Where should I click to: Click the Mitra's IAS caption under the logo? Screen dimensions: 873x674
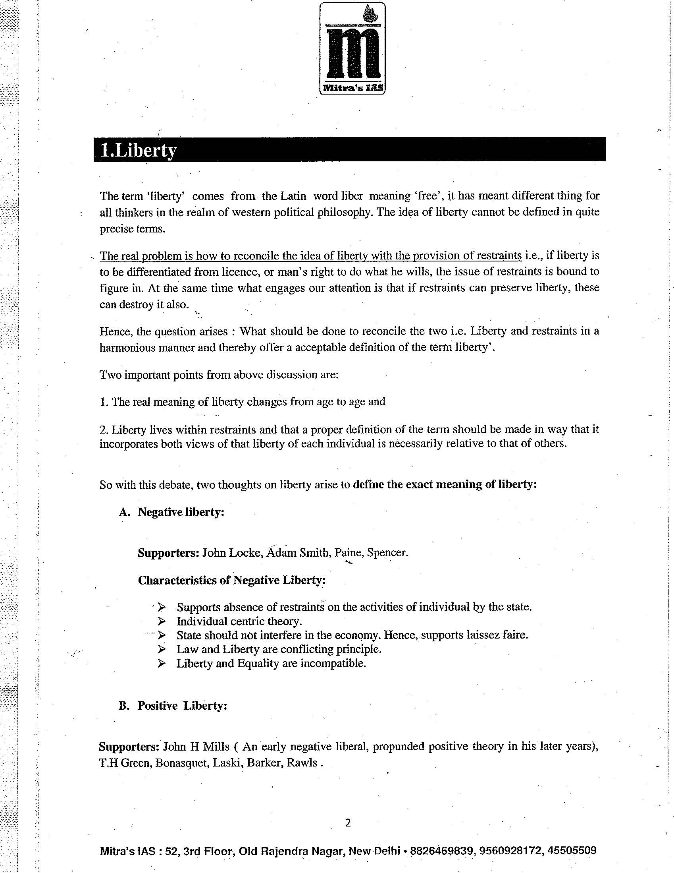352,89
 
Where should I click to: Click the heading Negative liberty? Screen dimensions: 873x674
181,512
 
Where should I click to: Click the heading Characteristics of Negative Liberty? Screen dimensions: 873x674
231,580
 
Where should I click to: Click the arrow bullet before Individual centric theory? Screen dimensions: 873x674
162,621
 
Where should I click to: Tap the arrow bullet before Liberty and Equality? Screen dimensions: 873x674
162,663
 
